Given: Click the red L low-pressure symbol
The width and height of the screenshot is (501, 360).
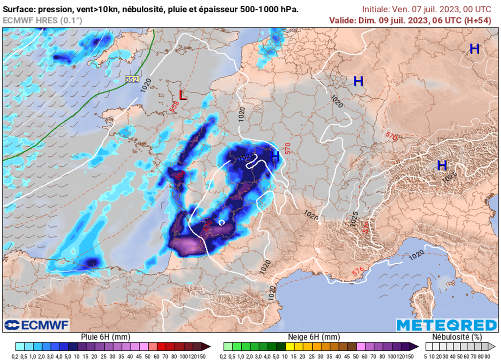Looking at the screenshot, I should click(182, 95).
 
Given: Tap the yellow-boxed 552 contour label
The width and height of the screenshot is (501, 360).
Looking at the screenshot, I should click(132, 79).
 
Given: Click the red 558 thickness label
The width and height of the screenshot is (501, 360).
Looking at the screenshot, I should click(174, 106).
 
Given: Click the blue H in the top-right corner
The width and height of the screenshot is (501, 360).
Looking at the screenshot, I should click(474, 49).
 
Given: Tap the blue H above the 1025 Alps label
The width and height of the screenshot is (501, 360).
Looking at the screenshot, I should click(442, 165).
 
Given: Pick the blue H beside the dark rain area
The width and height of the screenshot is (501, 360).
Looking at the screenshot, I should click(275, 157).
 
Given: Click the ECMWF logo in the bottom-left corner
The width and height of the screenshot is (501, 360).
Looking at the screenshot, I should click(37, 325).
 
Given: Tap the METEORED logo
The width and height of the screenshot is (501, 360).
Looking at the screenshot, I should click(446, 325).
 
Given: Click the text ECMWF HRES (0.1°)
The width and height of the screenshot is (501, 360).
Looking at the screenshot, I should click(43, 20).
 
